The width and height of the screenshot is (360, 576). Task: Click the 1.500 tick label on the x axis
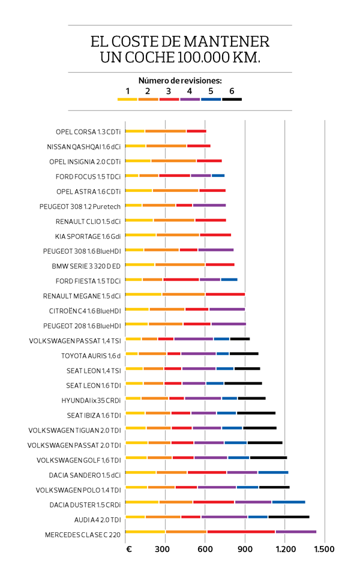(324, 549)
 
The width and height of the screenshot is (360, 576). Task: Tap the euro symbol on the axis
(128, 549)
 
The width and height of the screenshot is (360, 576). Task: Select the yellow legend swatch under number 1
(127, 99)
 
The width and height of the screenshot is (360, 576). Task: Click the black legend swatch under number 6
(232, 99)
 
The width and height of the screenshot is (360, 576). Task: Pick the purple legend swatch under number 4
(190, 99)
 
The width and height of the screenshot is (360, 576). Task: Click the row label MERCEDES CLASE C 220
(83, 535)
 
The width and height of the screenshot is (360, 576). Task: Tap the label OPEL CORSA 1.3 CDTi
(88, 131)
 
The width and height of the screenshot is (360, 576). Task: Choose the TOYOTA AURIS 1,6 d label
(91, 356)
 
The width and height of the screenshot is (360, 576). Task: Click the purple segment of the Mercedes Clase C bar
(296, 532)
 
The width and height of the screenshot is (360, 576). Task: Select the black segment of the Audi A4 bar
(289, 517)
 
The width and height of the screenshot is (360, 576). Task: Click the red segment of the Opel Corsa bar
(196, 131)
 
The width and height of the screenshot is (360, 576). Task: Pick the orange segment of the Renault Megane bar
(184, 294)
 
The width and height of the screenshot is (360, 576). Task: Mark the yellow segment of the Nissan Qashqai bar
(136, 146)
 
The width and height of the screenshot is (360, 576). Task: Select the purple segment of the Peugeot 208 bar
(229, 324)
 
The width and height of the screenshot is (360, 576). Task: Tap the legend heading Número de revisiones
(180, 80)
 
